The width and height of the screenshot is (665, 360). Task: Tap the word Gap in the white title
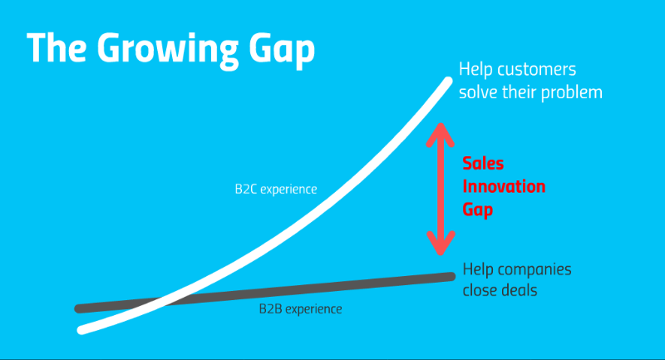282,50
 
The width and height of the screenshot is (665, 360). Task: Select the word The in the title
57,47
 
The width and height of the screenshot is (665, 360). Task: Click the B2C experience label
276,189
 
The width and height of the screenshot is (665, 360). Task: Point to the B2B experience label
300,308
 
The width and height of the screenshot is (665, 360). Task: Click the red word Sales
483,163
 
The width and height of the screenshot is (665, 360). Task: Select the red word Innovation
504,186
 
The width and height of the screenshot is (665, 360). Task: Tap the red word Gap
477,210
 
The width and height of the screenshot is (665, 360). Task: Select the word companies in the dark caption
536,269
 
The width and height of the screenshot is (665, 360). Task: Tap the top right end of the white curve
449,80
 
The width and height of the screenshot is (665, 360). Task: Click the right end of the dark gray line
451,277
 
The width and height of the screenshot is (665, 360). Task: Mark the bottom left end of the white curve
81,330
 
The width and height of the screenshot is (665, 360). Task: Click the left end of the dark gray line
78,308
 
